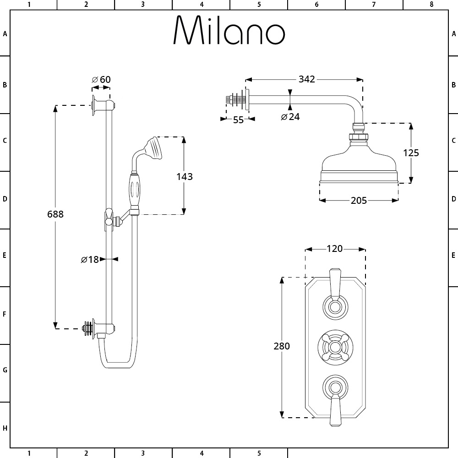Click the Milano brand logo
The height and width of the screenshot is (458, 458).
pos(229,31)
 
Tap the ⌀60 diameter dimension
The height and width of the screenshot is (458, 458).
pos(101,80)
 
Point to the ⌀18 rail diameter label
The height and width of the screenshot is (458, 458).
pos(90,260)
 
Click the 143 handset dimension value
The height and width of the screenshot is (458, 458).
pos(184,176)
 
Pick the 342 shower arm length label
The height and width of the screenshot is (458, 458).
pos(306,79)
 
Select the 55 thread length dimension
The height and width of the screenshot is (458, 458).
pos(238,120)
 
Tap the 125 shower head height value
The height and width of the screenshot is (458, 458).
pos(411,153)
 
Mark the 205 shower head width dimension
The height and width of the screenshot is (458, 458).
pos(359,200)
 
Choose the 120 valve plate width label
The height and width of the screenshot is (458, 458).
pos(335,249)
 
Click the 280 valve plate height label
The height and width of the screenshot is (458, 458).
pos(282,346)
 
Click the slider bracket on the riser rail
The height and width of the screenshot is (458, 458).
pos(110,217)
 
